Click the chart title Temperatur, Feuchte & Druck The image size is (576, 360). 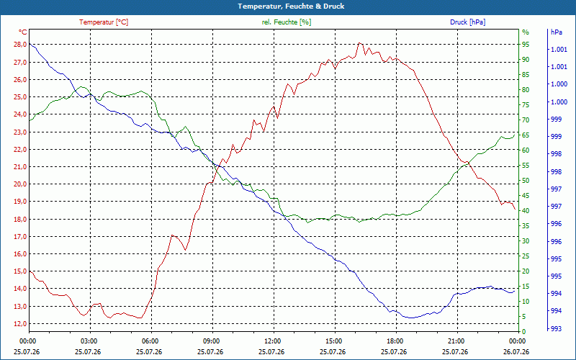[291, 6]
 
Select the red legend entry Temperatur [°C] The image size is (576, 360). [104, 22]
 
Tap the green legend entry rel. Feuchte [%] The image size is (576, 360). [286, 22]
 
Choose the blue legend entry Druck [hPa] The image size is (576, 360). [467, 22]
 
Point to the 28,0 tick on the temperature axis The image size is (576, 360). [20, 45]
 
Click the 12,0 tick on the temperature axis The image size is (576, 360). [20, 323]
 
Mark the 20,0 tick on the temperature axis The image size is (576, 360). [20, 184]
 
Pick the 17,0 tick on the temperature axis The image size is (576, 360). [20, 237]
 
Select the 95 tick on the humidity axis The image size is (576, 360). [526, 45]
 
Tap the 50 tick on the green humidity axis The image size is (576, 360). [526, 181]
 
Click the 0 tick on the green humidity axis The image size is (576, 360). [524, 331]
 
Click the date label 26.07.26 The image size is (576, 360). [516, 351]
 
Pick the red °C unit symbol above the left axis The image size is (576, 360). [23, 32]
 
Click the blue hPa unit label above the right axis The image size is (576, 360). [557, 32]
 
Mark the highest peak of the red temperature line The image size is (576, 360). [359, 42]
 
